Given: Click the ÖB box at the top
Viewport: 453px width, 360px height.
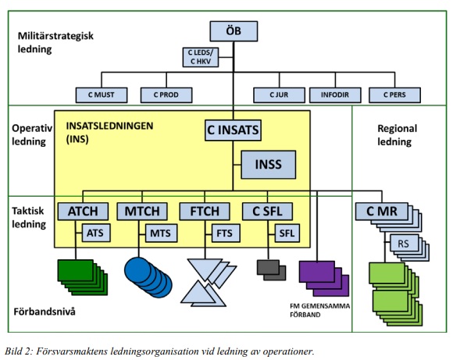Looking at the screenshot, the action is click(234, 31).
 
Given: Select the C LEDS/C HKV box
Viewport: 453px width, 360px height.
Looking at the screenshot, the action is click(201, 57).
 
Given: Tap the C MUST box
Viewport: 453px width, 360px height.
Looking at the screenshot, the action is click(102, 95).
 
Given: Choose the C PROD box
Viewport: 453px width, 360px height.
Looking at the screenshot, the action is click(166, 95).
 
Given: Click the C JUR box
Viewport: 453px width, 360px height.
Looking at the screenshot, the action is click(279, 95).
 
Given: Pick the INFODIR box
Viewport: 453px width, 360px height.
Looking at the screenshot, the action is click(335, 95).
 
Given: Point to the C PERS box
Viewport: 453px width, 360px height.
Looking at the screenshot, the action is click(394, 95).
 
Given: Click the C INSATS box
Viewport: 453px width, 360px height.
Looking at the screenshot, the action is click(234, 130).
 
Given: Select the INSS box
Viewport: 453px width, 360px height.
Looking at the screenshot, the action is click(269, 165).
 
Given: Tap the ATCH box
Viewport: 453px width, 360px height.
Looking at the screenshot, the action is click(83, 212).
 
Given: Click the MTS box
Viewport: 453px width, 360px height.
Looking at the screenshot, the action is click(161, 233).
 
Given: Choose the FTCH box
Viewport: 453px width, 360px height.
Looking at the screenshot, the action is click(205, 212).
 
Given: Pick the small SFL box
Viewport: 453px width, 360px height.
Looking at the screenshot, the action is click(287, 233).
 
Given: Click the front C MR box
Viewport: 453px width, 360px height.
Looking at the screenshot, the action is click(382, 212).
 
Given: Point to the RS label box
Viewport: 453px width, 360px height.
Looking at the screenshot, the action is click(404, 244).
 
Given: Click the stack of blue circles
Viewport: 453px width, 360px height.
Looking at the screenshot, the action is click(148, 277).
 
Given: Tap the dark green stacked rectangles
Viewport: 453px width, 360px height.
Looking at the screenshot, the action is click(83, 277).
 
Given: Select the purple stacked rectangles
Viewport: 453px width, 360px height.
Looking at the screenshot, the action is click(323, 279).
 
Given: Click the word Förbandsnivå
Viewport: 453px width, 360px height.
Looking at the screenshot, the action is click(45, 312).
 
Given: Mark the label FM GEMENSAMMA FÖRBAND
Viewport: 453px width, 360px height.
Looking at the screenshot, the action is click(319, 310).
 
